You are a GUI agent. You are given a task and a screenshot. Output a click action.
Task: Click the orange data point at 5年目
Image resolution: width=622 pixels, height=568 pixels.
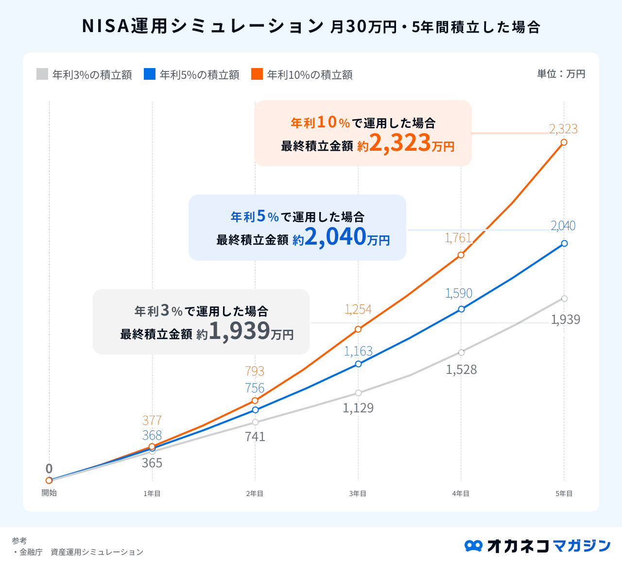point(564,142)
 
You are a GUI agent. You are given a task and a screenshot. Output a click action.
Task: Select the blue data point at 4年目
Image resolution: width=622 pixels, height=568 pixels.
point(461,309)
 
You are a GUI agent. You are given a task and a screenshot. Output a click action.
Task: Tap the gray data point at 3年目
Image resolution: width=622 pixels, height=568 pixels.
point(358,393)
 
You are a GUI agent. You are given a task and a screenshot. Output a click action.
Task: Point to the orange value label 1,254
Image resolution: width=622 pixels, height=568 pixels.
point(358,309)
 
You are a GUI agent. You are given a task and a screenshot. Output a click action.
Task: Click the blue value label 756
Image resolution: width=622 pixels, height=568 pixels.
point(255,388)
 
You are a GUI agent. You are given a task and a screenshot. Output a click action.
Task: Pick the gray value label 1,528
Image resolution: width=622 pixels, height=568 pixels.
point(461,370)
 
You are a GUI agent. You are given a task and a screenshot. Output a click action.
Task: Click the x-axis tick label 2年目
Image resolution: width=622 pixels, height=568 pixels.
point(255,494)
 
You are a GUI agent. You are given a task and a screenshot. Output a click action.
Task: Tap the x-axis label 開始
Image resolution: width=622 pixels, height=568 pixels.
point(49,493)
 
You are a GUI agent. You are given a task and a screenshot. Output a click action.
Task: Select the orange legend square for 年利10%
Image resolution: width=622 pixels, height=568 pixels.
point(257,74)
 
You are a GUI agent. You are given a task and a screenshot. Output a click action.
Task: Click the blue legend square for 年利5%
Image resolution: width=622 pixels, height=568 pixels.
point(150,74)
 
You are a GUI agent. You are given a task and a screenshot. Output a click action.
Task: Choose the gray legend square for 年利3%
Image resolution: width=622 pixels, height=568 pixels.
point(42,74)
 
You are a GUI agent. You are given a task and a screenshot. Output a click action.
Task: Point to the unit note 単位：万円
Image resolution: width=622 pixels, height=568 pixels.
point(561,74)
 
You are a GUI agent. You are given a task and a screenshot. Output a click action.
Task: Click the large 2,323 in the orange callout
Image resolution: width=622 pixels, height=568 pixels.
point(400,143)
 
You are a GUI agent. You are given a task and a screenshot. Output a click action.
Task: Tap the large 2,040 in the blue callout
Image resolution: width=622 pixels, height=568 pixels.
point(335,237)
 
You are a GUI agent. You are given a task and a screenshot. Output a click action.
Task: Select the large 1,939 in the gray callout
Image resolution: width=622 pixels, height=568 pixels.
point(239,331)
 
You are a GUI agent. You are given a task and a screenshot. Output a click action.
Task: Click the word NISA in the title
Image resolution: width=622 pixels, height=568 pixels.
point(105,26)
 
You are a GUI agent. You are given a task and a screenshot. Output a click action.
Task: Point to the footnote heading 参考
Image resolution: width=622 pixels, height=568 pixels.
point(19,540)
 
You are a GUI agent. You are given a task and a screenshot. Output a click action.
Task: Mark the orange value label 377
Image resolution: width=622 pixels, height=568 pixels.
point(152,420)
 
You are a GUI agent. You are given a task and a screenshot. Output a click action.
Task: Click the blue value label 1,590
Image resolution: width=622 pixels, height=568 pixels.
point(459,293)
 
